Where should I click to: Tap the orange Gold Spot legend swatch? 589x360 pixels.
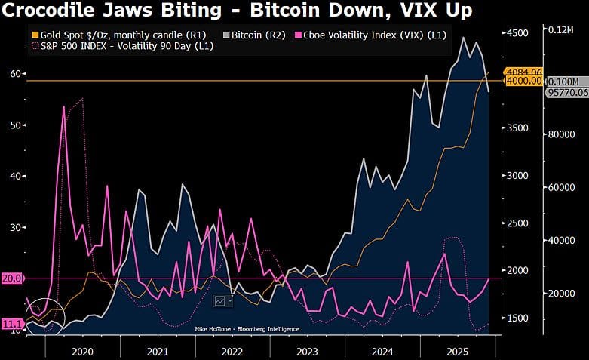(35, 35)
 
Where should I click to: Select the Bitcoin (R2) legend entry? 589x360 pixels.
(254, 35)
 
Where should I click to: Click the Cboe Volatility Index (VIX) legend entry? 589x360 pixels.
(371, 35)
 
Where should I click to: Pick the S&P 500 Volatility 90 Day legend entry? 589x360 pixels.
(123, 46)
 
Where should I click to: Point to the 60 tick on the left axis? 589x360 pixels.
(15, 74)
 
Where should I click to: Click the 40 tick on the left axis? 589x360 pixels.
(15, 176)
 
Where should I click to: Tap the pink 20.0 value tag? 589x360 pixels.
(12, 278)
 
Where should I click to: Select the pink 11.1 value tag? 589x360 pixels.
(12, 324)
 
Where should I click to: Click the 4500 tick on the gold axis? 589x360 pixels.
(517, 33)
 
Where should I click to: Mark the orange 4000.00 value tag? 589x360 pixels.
(524, 82)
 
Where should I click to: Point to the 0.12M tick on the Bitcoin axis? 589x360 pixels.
(561, 29)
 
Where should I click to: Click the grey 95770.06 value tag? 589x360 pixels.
(567, 92)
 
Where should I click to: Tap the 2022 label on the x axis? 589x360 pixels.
(232, 352)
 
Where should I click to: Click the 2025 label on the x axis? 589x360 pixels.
(457, 352)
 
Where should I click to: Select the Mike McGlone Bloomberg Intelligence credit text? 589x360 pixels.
(247, 329)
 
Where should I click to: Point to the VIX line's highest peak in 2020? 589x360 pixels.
(64, 106)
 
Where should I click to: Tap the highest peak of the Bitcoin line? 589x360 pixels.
(463, 38)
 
